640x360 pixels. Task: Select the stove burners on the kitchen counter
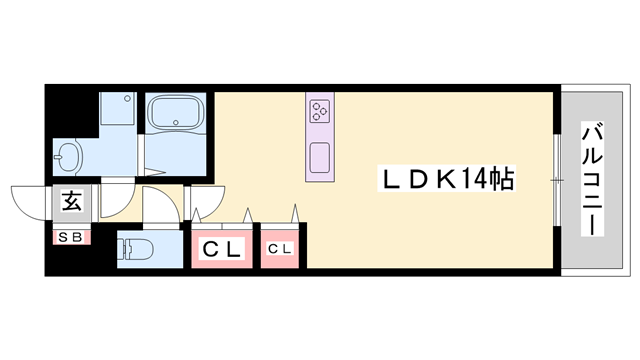321,109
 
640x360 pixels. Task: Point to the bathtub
176,113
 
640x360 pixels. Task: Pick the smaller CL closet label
280,248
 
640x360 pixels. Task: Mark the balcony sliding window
556,180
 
